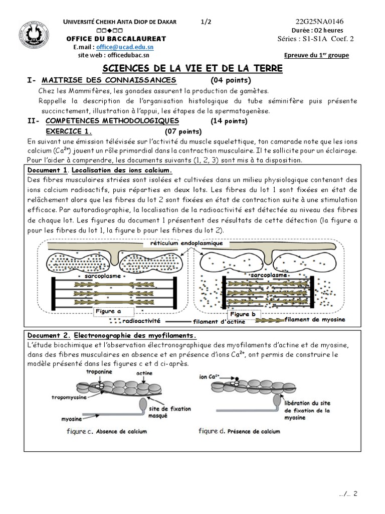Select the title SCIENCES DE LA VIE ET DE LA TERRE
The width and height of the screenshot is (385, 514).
coord(192,68)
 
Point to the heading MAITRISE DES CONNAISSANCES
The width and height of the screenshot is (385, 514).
coord(109,80)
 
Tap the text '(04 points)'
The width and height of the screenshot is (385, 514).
coord(231,80)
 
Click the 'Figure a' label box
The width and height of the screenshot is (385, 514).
coord(108,311)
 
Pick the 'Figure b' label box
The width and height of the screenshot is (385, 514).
coord(243,314)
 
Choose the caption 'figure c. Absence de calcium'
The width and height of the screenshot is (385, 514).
coord(103,431)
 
